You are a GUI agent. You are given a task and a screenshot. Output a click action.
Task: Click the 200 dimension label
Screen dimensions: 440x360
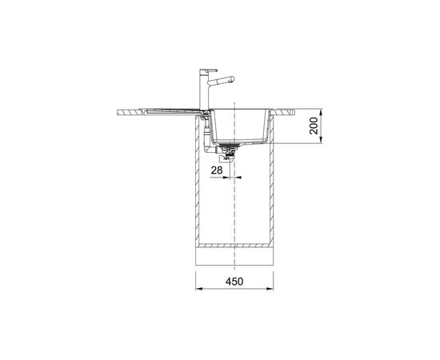pos(314,126)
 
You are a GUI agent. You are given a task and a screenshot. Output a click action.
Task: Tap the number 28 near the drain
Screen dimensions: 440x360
pos(217,170)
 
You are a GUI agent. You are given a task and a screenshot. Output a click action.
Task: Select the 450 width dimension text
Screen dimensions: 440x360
pos(234,282)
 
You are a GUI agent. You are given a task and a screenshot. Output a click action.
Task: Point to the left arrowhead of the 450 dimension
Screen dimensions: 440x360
pos(199,289)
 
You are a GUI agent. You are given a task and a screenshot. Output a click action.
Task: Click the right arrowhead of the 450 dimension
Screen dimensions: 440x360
pos(270,289)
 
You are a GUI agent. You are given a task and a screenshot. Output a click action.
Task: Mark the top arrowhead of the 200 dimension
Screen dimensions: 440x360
pos(322,113)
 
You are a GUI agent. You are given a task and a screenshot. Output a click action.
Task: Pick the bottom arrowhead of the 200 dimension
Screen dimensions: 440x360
pos(322,140)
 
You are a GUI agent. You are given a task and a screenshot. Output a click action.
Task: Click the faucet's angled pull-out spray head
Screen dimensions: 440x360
pos(221,80)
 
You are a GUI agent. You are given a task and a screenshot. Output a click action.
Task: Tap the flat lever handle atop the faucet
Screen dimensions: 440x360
pos(208,70)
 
